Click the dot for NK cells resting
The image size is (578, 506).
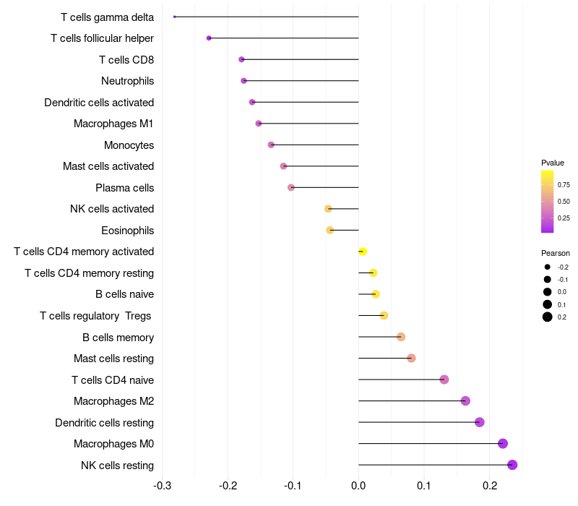[x=512, y=465]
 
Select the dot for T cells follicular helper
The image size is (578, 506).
[x=209, y=38]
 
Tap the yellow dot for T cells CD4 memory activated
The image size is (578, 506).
[x=363, y=252]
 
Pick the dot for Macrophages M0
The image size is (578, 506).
[x=503, y=444]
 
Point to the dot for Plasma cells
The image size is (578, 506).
[x=291, y=187]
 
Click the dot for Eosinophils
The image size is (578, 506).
[x=330, y=231]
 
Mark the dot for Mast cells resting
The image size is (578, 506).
[x=411, y=358]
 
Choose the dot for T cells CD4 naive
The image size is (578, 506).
[x=444, y=379]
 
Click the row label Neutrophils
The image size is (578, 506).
[x=127, y=81]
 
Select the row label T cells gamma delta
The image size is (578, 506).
[x=107, y=17]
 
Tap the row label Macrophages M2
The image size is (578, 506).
[x=113, y=401]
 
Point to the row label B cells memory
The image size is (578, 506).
[x=118, y=337]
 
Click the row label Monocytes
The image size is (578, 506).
[x=129, y=145]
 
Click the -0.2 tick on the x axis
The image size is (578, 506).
[x=228, y=484]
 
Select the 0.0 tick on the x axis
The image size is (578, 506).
[x=358, y=484]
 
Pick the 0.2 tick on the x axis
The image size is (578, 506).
[x=489, y=484]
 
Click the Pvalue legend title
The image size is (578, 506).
[x=553, y=163]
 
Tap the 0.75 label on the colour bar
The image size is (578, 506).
[x=564, y=185]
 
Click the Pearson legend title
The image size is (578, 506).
[x=556, y=253]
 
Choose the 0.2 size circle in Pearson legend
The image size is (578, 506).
[x=548, y=317]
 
